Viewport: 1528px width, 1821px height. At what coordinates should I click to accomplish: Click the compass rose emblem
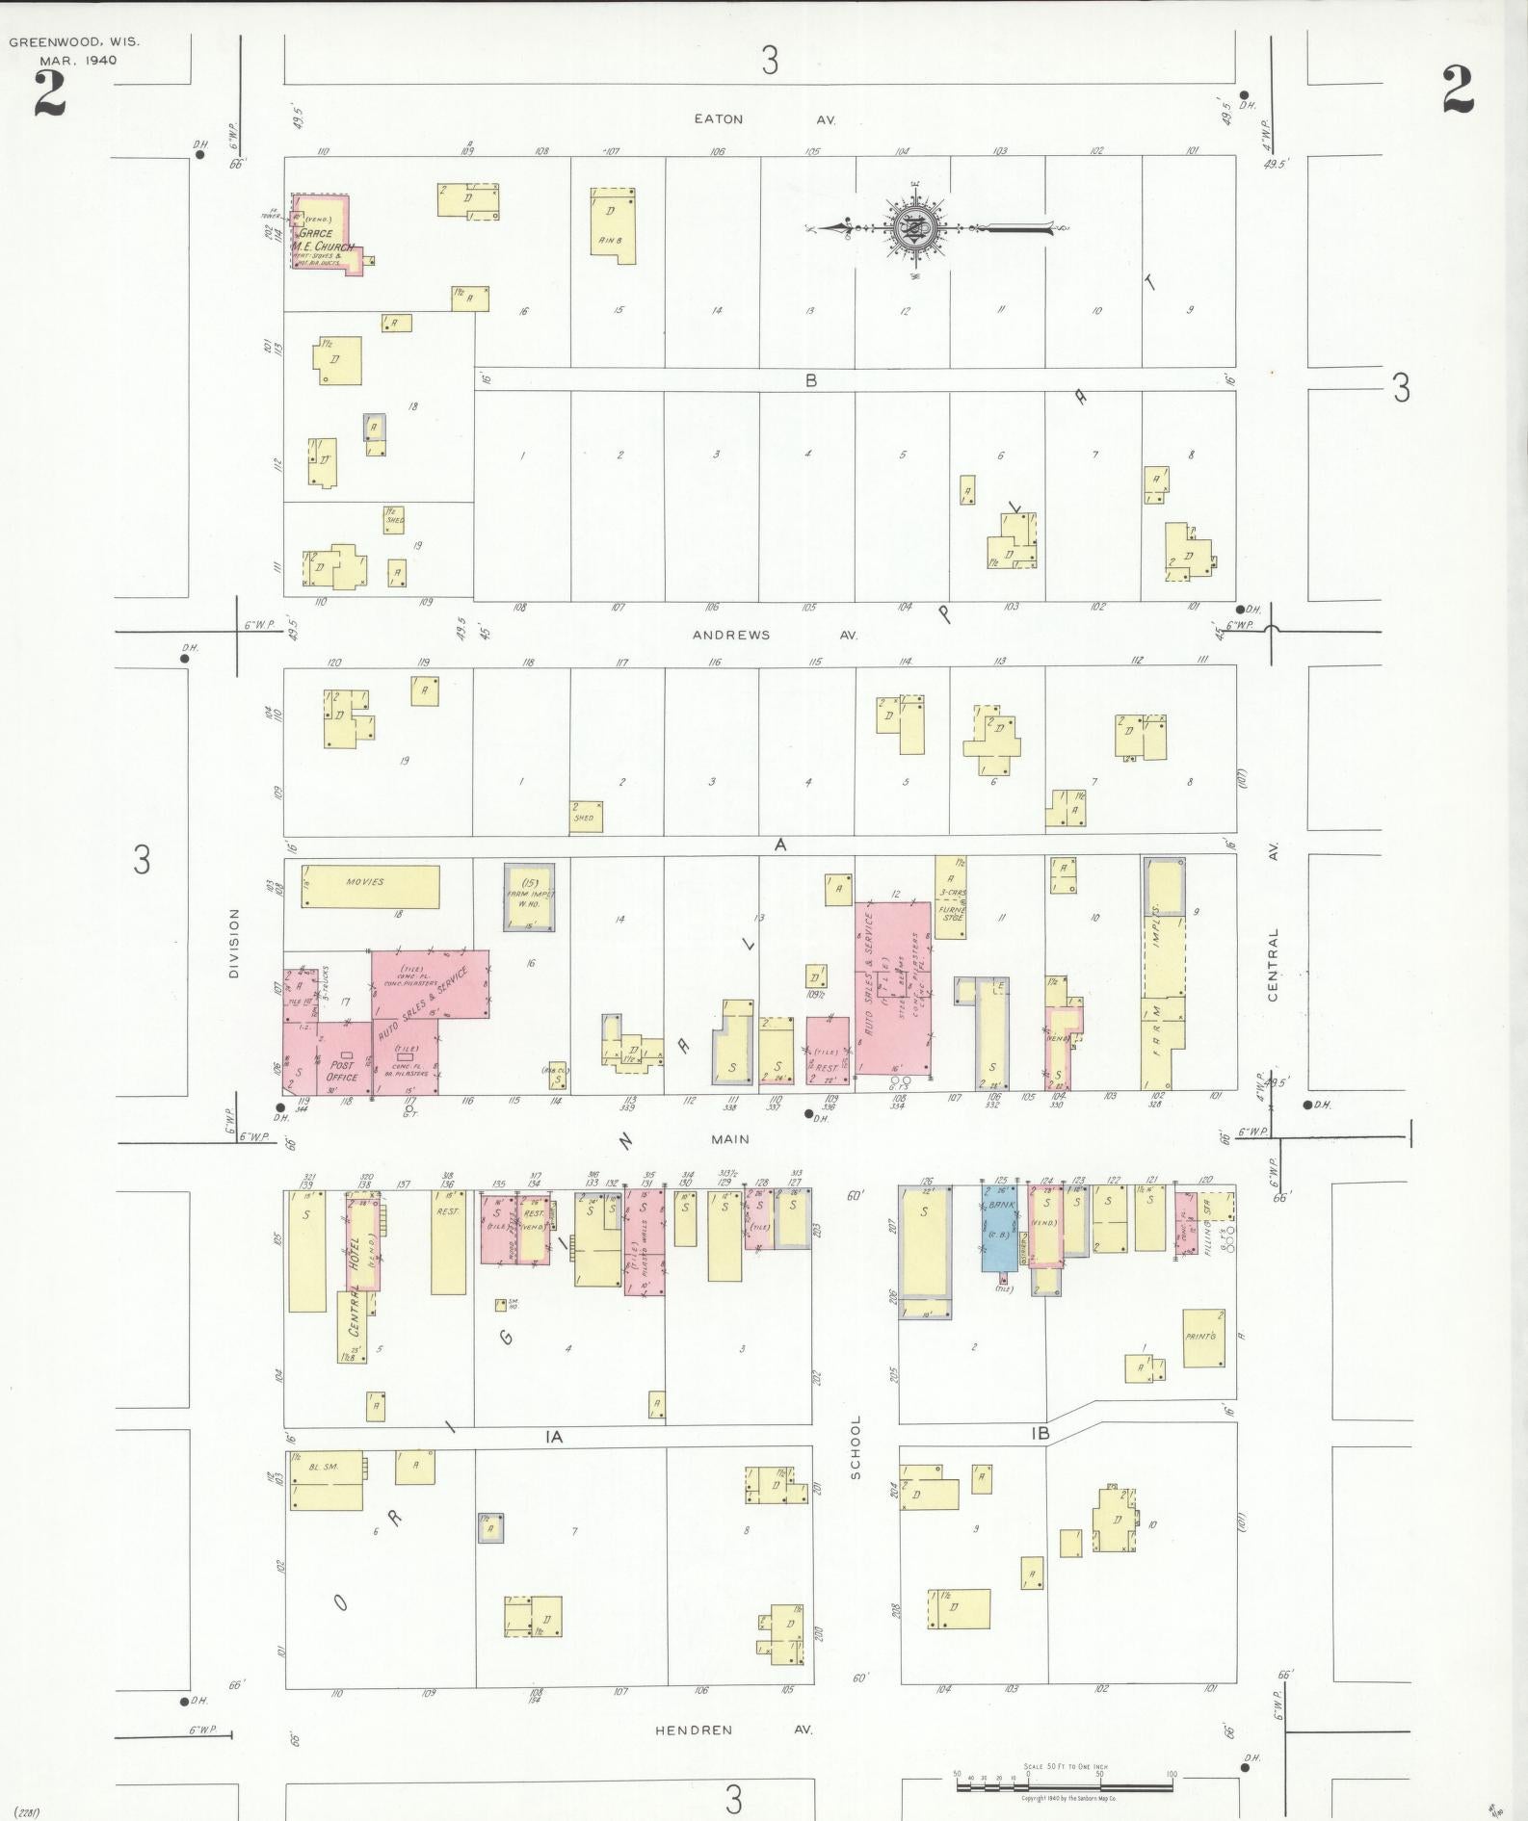pyautogui.click(x=909, y=229)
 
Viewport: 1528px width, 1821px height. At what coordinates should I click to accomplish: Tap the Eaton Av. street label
pyautogui.click(x=764, y=119)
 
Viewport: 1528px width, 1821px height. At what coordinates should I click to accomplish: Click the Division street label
pyautogui.click(x=234, y=944)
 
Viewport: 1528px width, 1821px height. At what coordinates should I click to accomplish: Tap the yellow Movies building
pyautogui.click(x=371, y=885)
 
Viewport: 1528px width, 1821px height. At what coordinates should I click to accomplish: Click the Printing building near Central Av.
pyautogui.click(x=1203, y=1338)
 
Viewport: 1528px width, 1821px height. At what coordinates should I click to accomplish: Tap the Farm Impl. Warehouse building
pyautogui.click(x=529, y=897)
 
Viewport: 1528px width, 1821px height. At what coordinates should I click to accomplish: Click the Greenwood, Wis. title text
pyautogui.click(x=74, y=42)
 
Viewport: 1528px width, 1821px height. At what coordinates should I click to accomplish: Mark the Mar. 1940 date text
pyautogui.click(x=78, y=60)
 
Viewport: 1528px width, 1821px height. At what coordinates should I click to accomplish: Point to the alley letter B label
pyautogui.click(x=811, y=380)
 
